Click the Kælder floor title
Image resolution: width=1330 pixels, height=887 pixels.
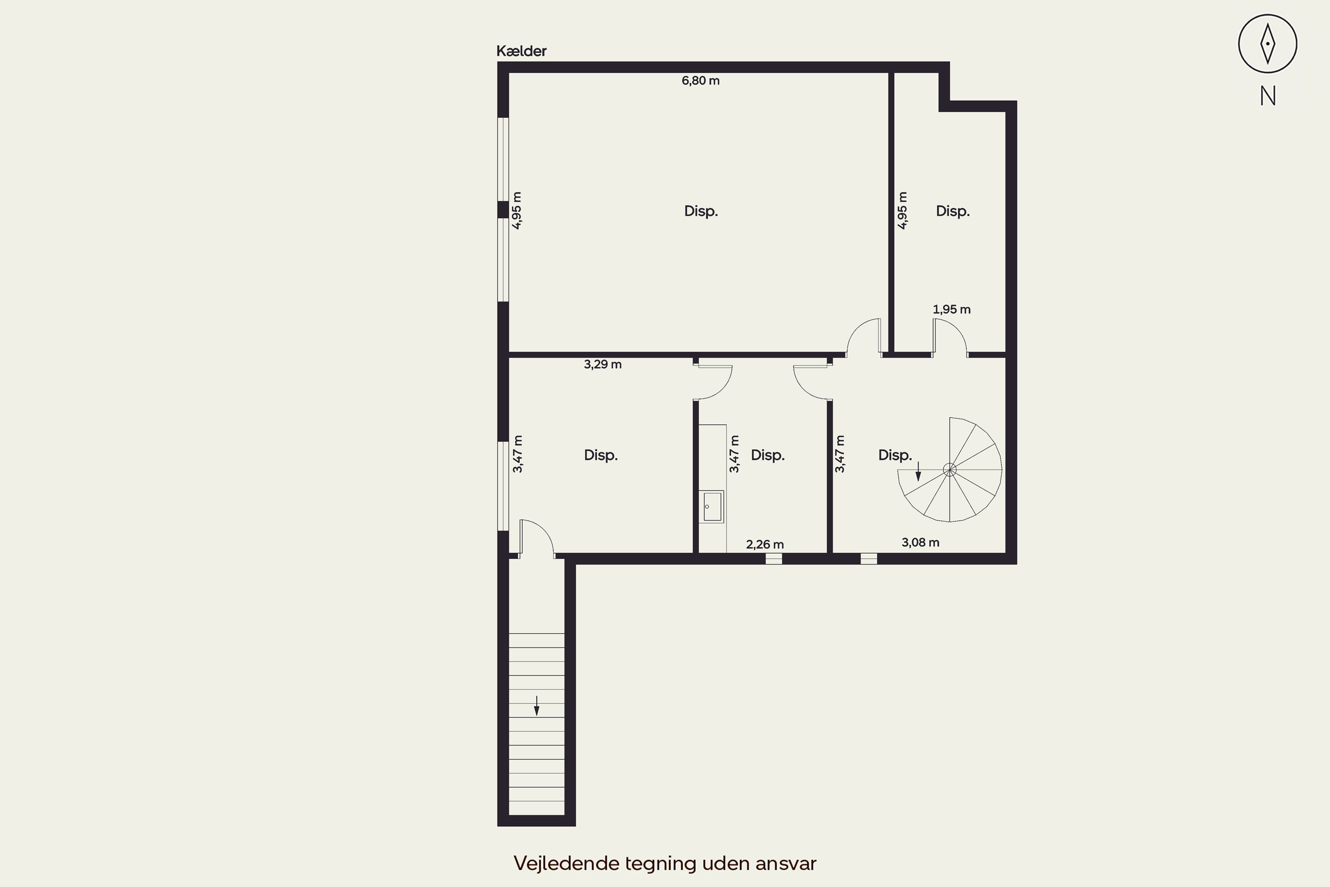point(521,51)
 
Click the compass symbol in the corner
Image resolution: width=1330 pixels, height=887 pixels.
point(1268,43)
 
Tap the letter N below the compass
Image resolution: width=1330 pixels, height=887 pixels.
point(1268,96)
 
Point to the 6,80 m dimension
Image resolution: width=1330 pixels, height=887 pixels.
point(700,81)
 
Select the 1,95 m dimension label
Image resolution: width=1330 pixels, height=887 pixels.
point(952,310)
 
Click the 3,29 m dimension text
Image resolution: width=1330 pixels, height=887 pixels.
point(603,364)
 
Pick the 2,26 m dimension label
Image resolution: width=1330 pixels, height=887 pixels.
point(765,544)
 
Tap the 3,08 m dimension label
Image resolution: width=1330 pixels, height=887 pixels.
point(921,542)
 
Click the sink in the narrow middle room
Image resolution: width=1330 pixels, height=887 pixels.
point(712,506)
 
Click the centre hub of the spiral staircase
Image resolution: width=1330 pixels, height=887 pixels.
point(950,470)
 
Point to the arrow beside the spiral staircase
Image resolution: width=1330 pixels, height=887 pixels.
point(918,471)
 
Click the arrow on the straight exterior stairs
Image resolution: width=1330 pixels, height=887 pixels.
point(536,706)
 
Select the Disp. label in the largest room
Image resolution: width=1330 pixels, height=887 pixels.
point(701,212)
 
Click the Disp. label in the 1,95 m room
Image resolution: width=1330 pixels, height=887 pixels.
point(953,212)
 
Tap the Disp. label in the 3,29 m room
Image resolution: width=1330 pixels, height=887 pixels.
point(601,455)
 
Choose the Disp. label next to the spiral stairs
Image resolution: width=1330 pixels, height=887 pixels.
point(895,455)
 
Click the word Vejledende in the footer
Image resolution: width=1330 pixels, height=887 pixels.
point(567,863)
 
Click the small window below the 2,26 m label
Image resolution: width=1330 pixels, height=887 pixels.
point(774,559)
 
